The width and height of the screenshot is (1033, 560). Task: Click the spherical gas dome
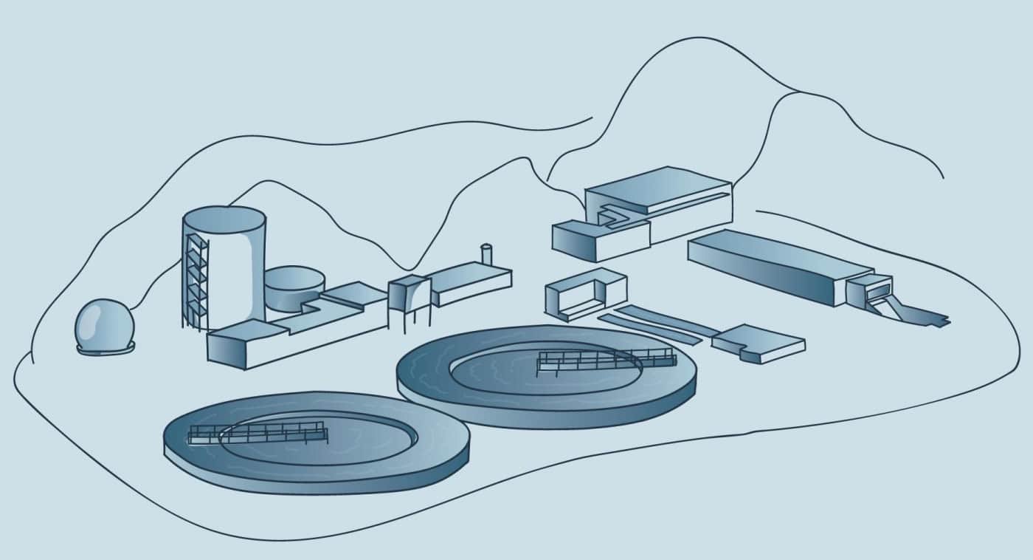(105, 325)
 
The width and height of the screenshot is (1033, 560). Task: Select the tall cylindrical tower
(229, 273)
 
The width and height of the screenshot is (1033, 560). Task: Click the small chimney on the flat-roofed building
(486, 254)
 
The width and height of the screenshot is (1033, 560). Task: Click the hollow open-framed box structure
(585, 295)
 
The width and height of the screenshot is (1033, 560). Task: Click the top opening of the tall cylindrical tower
(224, 219)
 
